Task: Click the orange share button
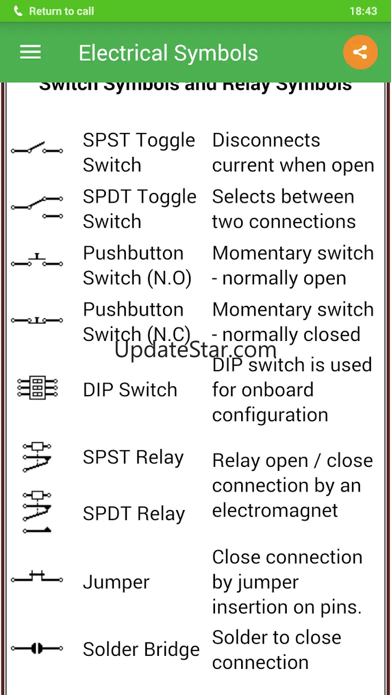coord(360,52)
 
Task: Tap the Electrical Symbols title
coord(168,53)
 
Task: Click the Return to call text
coord(61,11)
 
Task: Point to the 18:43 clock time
coord(363,11)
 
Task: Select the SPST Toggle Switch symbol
coord(37,148)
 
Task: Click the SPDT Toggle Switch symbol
coord(37,207)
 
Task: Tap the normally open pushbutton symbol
coord(37,261)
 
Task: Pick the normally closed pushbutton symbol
coord(37,320)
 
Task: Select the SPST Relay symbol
coord(37,456)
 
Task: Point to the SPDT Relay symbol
coord(37,511)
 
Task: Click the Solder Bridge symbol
coord(37,649)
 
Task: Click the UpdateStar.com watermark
coord(195,349)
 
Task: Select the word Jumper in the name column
coord(116,582)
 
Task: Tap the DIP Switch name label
coord(130,390)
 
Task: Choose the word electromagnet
coord(275,510)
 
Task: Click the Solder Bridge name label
coord(141,649)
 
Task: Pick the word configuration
coord(270,415)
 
